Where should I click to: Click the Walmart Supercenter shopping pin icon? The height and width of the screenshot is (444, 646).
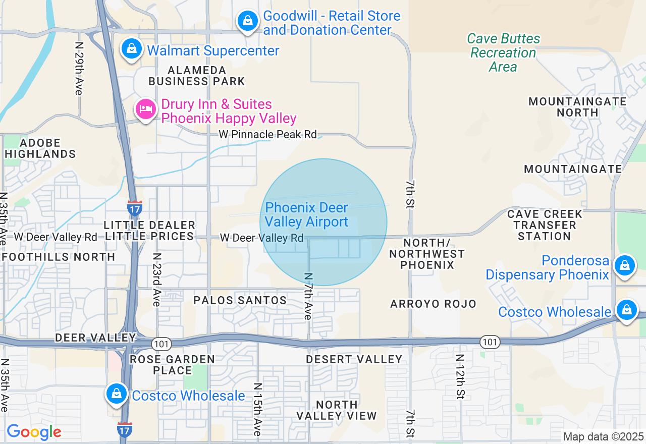tap(131, 49)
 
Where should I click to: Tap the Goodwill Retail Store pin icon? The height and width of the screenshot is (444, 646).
tap(247, 21)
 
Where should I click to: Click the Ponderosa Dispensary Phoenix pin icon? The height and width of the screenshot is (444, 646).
tap(624, 265)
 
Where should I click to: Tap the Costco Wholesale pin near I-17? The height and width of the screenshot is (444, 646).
tap(117, 394)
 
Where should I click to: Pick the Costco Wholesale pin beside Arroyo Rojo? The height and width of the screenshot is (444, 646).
tap(626, 310)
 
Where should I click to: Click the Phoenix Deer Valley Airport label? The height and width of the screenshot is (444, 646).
tap(306, 215)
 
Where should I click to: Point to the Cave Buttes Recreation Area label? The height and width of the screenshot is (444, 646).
tap(503, 52)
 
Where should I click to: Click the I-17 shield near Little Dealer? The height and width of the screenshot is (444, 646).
tap(135, 208)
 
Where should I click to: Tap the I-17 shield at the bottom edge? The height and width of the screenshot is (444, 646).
tap(125, 430)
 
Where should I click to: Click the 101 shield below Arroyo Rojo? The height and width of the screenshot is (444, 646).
tap(490, 342)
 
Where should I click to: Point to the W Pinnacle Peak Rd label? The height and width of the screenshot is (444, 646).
tap(267, 135)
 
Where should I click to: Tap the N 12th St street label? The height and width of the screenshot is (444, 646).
tap(460, 375)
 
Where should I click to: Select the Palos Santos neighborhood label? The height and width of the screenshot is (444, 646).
tap(240, 300)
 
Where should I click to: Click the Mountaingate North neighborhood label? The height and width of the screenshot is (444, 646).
tap(577, 106)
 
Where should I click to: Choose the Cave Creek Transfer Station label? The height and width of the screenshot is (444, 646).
tap(545, 225)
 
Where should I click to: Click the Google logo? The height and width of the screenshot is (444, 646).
tap(34, 432)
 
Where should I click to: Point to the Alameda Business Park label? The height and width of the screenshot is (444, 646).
tap(196, 76)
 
